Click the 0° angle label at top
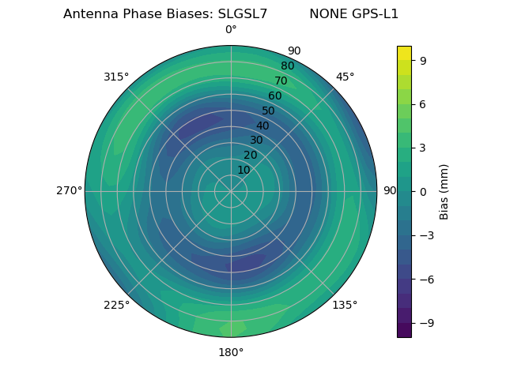coord(231,30)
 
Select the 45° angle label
coord(345,77)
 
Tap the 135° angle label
coord(345,305)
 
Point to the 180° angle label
coord(231,352)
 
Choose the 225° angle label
coord(116,305)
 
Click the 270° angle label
coord(69,190)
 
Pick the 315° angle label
coord(116,77)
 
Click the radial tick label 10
coord(244,170)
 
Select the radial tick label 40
coord(262,126)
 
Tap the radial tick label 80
coord(287,66)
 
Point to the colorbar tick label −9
coord(425,323)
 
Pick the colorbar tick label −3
coord(425,235)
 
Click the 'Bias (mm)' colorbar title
coord(444,191)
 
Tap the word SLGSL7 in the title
coord(242,14)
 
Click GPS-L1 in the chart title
coord(376,14)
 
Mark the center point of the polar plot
coord(231,191)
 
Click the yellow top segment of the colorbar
coord(404,52)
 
